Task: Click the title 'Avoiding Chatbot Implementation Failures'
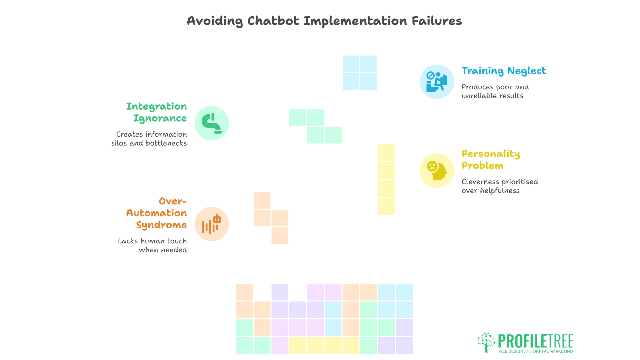pyautogui.click(x=324, y=21)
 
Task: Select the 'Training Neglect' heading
pyautogui.click(x=504, y=71)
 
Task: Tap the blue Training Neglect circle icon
pyautogui.click(x=437, y=82)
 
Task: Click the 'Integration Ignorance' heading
pyautogui.click(x=156, y=112)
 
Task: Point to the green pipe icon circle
pyautogui.click(x=212, y=123)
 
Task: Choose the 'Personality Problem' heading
pyautogui.click(x=491, y=160)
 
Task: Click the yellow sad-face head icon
pyautogui.click(x=437, y=171)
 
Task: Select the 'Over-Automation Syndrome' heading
pyautogui.click(x=156, y=213)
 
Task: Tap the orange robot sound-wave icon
pyautogui.click(x=212, y=224)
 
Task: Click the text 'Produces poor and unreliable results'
pyautogui.click(x=495, y=91)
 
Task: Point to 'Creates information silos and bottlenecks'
pyautogui.click(x=149, y=139)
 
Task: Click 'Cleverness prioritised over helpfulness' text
pyautogui.click(x=500, y=186)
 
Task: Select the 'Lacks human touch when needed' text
pyautogui.click(x=152, y=245)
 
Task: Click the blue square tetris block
pyautogui.click(x=360, y=73)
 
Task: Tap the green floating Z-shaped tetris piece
pyautogui.click(x=315, y=126)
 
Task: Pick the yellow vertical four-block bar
pyautogui.click(x=386, y=179)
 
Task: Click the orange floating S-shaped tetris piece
pyautogui.click(x=271, y=218)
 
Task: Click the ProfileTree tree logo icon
pyautogui.click(x=486, y=342)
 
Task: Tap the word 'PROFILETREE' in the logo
pyautogui.click(x=536, y=341)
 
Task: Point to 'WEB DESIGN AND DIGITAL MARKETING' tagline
pyautogui.click(x=536, y=351)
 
